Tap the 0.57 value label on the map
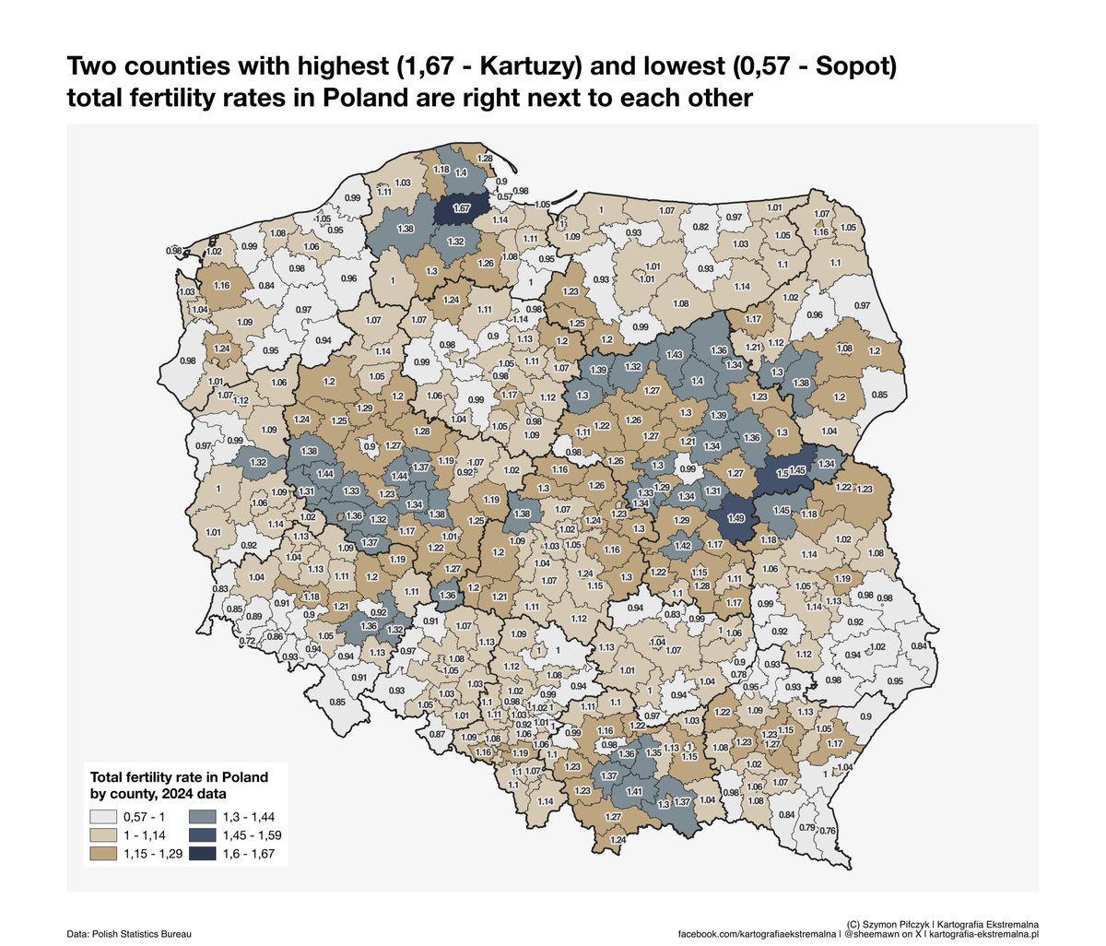(x=504, y=196)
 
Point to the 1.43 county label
(x=674, y=355)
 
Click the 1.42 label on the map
(x=683, y=547)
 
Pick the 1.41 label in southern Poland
(x=634, y=791)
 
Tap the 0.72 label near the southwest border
(x=246, y=641)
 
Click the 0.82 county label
(x=700, y=227)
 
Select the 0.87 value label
(x=437, y=734)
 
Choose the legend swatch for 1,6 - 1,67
(x=202, y=855)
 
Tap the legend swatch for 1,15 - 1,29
(x=103, y=855)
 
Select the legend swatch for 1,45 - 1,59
(x=202, y=835)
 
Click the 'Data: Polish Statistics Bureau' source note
(x=129, y=934)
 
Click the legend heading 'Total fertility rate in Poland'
(x=176, y=776)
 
